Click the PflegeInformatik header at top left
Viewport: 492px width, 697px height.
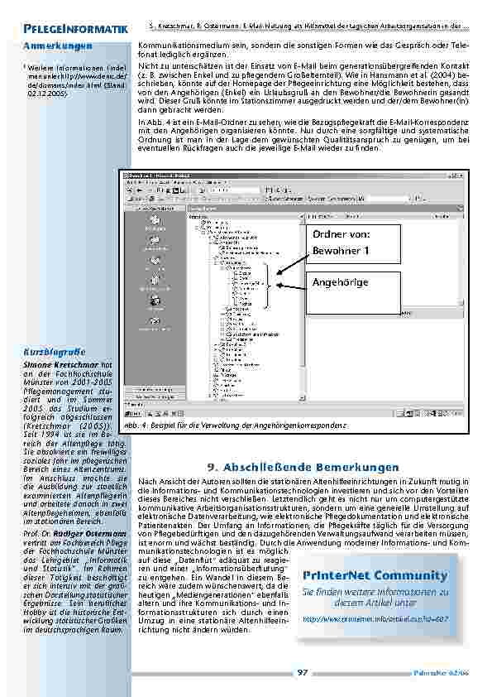pos(75,30)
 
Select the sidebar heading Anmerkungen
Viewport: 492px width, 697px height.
pos(58,45)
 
